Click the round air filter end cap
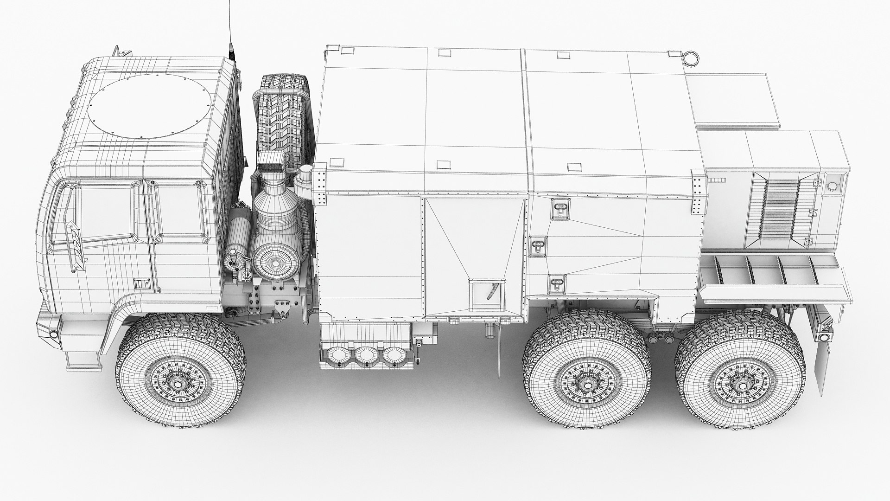coord(275,263)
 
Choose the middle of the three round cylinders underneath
coord(366,356)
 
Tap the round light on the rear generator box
coord(832,186)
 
